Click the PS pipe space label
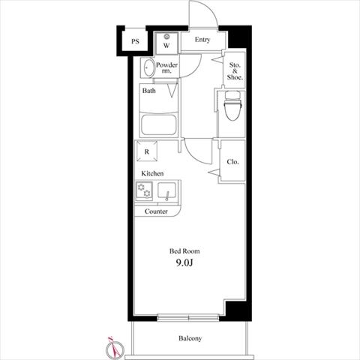point(135,41)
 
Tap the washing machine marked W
point(166,43)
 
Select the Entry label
point(202,40)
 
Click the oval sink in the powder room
point(149,67)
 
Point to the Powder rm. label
point(166,67)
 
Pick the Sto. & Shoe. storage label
point(235,71)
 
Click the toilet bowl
point(233,106)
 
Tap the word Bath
point(148,91)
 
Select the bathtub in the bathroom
point(158,124)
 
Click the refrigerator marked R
point(147,151)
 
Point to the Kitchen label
point(152,173)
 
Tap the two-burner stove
point(144,191)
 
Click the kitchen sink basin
point(166,190)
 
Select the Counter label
point(156,211)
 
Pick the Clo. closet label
point(232,162)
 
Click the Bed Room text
point(184,251)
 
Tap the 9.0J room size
point(184,262)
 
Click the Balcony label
point(190,338)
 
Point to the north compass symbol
point(115,348)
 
